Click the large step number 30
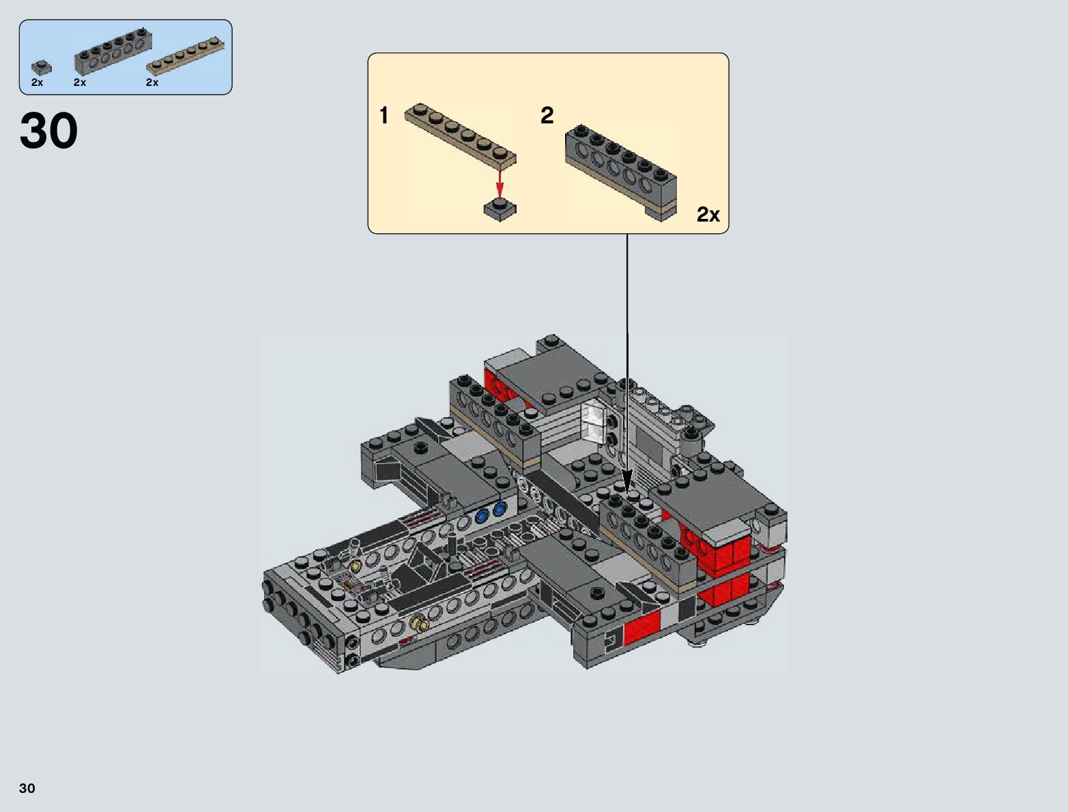(48, 130)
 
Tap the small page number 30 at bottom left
(27, 787)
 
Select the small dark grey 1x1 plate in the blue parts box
(42, 67)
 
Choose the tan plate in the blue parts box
(186, 55)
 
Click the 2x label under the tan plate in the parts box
(152, 82)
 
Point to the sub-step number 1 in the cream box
(384, 116)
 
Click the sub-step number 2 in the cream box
(547, 116)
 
